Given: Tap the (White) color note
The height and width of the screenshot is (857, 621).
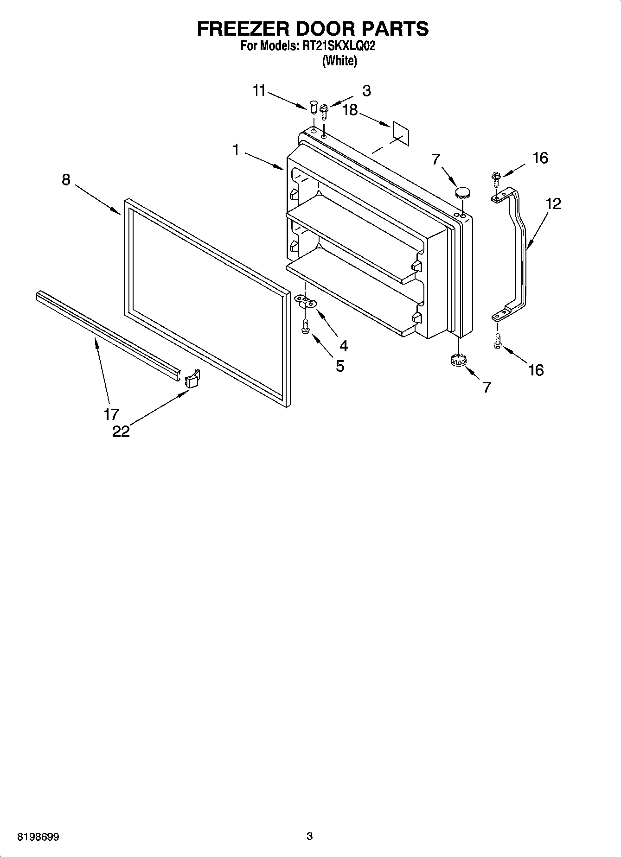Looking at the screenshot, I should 339,61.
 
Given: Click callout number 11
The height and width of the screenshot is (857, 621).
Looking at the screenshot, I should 259,91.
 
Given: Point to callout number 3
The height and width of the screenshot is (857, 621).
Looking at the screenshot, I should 366,91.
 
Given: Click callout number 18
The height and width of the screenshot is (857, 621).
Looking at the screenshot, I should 350,110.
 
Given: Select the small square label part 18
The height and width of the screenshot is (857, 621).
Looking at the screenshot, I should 401,133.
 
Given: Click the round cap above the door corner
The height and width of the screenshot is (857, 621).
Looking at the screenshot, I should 463,191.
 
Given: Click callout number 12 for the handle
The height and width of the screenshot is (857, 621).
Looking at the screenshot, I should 553,203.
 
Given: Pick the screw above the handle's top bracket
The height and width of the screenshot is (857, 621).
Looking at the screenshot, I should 496,178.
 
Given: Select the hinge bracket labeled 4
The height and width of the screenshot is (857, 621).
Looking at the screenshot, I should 305,302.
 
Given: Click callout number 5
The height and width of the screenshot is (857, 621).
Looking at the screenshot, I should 340,366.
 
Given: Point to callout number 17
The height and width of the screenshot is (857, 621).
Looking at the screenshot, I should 111,414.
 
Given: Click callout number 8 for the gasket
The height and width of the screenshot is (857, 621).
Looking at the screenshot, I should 66,179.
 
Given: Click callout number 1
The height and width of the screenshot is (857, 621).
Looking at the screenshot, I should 236,150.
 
